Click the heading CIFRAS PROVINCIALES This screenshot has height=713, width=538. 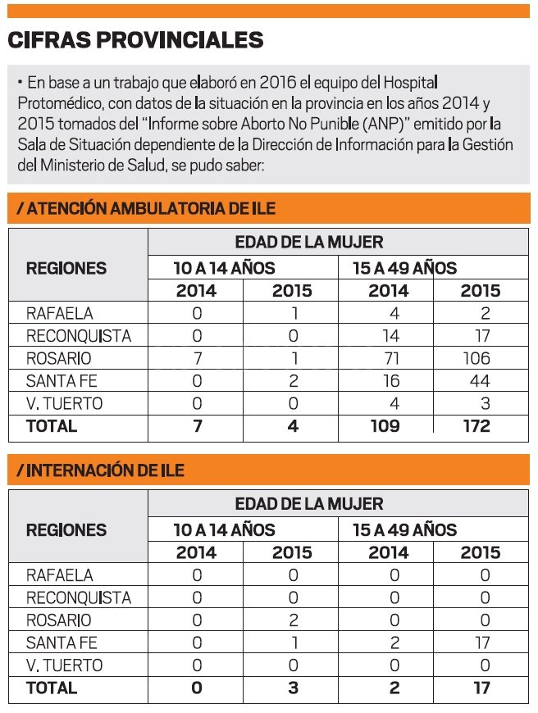pyautogui.click(x=135, y=39)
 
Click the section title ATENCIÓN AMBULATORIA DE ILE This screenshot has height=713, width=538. pyautogui.click(x=146, y=208)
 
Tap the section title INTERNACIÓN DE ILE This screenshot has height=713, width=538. pyautogui.click(x=101, y=470)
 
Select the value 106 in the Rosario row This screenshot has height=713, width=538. pyautogui.click(x=476, y=358)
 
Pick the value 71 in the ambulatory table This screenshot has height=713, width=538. pyautogui.click(x=391, y=358)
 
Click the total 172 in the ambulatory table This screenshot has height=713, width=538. pyautogui.click(x=476, y=426)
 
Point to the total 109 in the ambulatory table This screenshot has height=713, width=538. pyautogui.click(x=385, y=426)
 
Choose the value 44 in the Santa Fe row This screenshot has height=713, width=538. pyautogui.click(x=480, y=381)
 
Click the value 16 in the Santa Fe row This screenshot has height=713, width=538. pyautogui.click(x=391, y=381)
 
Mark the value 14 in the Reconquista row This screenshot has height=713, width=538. pyautogui.click(x=391, y=336)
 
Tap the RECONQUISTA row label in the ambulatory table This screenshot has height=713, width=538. pyautogui.click(x=79, y=336)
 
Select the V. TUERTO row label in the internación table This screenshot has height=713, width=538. pyautogui.click(x=65, y=665)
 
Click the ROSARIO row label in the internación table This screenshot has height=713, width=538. pyautogui.click(x=59, y=620)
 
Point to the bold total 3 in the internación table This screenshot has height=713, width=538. pyautogui.click(x=293, y=688)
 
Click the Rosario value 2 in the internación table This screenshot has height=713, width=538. pyautogui.click(x=294, y=620)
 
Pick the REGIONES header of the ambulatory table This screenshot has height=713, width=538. pyautogui.click(x=66, y=268)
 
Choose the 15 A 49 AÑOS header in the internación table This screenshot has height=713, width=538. pyautogui.click(x=404, y=529)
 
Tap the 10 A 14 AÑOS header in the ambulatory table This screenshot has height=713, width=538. pyautogui.click(x=225, y=268)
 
